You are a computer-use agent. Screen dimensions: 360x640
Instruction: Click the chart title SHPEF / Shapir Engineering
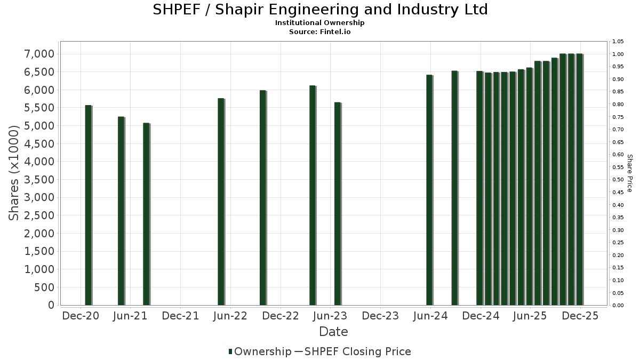[x=320, y=10]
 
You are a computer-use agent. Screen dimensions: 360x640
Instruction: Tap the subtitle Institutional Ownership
[x=320, y=23]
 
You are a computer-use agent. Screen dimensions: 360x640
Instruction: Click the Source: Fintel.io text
[x=320, y=32]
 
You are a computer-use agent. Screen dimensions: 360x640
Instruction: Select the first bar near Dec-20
[x=89, y=205]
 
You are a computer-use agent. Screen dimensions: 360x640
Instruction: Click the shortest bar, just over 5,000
[x=146, y=214]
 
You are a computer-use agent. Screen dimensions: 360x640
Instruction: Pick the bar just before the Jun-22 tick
[x=221, y=202]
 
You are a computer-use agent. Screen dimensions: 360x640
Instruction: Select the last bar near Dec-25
[x=579, y=179]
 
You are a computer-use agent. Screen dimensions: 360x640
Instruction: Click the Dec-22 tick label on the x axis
[x=281, y=316]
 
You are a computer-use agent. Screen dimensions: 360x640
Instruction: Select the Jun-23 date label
[x=331, y=316]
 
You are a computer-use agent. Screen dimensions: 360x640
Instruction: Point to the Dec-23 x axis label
[x=380, y=316]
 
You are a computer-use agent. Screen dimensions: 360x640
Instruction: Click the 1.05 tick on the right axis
[x=618, y=42]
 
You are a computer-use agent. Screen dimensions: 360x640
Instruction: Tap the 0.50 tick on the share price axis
[x=618, y=180]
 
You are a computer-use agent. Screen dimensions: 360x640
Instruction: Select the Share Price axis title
[x=630, y=173]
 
